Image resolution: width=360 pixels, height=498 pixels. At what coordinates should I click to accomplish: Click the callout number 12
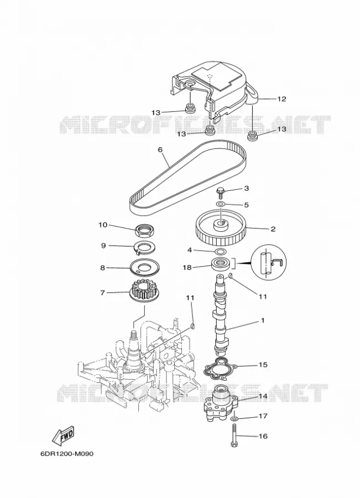[281, 99]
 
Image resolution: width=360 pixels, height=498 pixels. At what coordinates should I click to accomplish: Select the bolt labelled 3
[220, 193]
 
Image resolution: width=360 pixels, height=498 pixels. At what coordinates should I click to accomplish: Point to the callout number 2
[273, 229]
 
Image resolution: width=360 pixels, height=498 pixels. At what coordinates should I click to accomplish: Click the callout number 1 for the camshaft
[263, 321]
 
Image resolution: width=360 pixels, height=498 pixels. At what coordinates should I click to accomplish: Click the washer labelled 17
[234, 419]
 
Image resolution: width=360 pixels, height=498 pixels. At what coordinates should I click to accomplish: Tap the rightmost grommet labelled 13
[252, 137]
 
